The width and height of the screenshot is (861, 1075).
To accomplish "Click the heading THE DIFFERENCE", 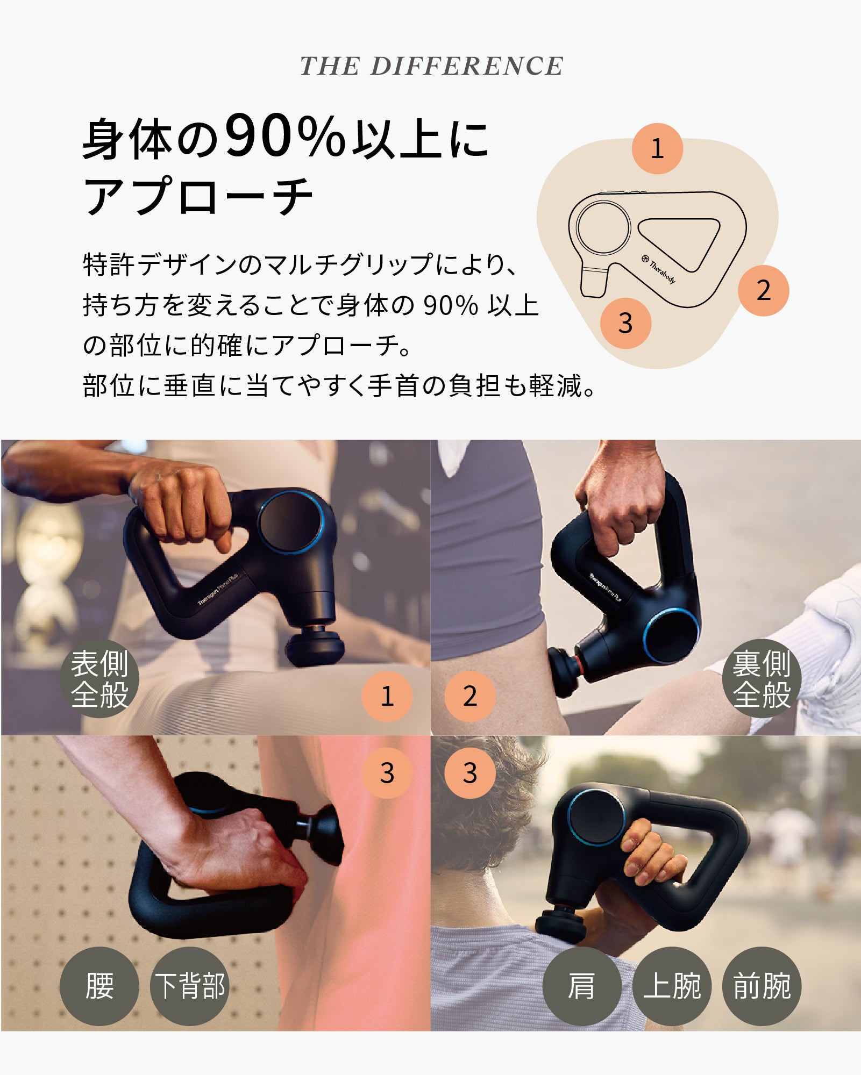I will tap(431, 66).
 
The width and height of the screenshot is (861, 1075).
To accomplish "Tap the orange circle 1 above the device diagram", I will tap(657, 149).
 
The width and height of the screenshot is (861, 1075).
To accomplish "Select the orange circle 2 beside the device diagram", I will tap(763, 290).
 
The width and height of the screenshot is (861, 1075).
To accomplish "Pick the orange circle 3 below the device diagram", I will tap(625, 323).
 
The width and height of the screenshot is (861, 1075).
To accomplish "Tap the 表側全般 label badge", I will tap(99, 678).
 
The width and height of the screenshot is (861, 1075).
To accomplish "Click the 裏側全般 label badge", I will tap(762, 678).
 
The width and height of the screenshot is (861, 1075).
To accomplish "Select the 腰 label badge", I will tap(99, 986).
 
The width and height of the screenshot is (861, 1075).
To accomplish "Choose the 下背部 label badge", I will tap(189, 986).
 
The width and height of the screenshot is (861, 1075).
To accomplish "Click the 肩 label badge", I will tap(582, 986).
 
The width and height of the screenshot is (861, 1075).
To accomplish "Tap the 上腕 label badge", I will tap(672, 986).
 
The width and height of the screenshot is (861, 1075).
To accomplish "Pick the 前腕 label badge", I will tap(762, 986).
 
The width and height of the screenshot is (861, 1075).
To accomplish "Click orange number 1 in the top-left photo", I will tap(387, 696).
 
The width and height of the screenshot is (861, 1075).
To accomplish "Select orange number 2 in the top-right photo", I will tap(469, 696).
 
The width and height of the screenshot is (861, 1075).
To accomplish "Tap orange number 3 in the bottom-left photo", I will tap(387, 773).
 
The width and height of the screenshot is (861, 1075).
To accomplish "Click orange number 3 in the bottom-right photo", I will tap(469, 773).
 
